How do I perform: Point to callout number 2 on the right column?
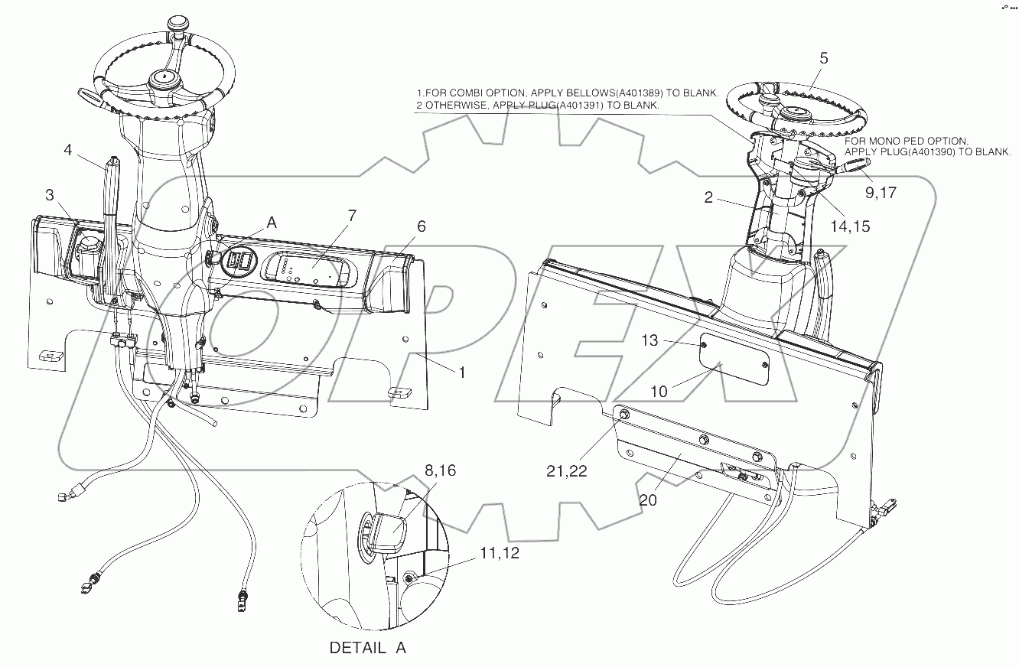pos(709,198)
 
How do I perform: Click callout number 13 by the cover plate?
pos(649,342)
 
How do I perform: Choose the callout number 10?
pos(659,391)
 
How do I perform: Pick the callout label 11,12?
pos(500,554)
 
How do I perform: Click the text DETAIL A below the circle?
pos(367,648)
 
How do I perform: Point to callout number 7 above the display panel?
pos(351,216)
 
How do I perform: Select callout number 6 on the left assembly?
pos(421,226)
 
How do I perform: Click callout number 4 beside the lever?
pos(67,150)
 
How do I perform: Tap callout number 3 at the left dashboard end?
pos(50,195)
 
